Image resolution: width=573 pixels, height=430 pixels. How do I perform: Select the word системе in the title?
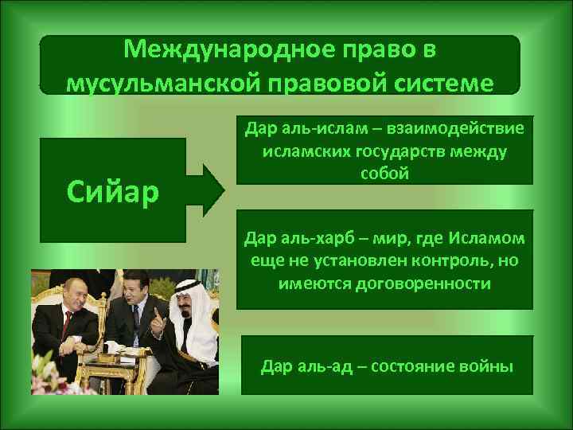click(432, 82)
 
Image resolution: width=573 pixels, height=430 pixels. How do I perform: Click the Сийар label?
click(113, 190)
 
